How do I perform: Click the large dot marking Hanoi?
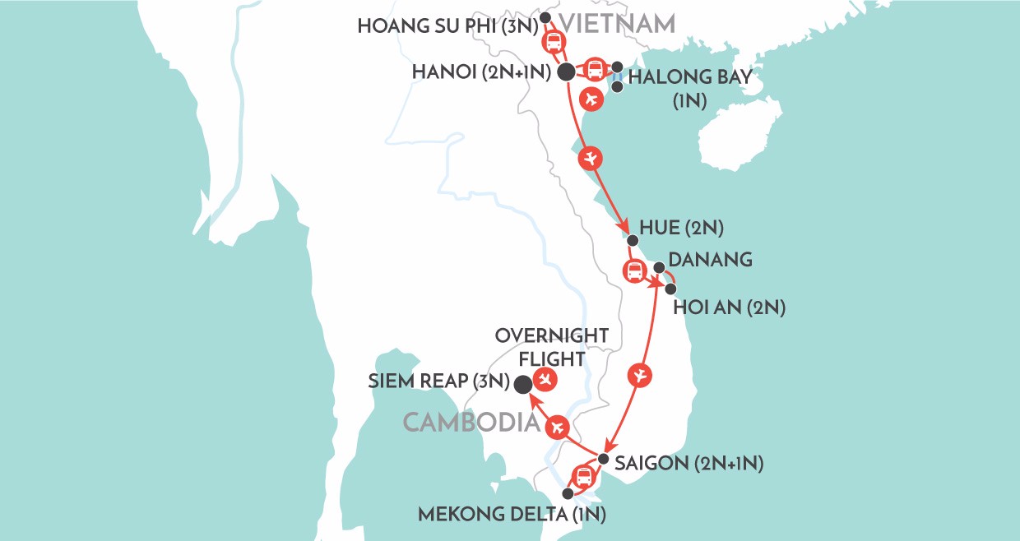coord(566,72)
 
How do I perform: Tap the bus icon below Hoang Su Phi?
coord(553,42)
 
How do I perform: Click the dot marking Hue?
coord(632,241)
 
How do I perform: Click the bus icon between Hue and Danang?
coord(634,270)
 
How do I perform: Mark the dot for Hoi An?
coord(671,289)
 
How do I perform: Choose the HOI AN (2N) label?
coord(729,308)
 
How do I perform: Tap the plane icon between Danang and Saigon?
coord(642,376)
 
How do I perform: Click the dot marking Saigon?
coord(603,460)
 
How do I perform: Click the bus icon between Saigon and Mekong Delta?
coord(582,475)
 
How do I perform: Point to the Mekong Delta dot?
coord(567,493)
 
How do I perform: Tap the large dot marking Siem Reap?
coord(522,384)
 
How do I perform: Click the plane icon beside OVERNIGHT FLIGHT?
coord(544,378)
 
